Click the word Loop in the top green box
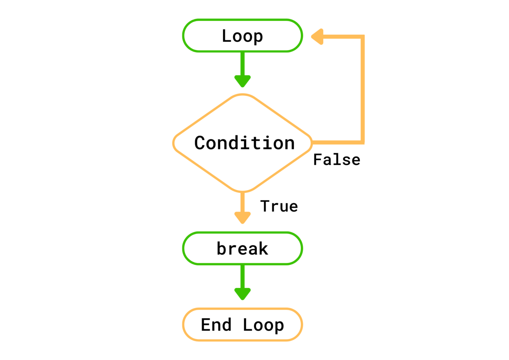click(x=242, y=36)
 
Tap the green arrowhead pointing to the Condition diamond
click(x=243, y=81)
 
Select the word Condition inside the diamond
click(x=244, y=143)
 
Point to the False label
click(x=337, y=160)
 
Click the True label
click(x=279, y=206)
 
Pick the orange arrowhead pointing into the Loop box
click(x=317, y=37)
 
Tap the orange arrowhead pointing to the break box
click(x=243, y=218)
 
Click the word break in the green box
click(x=242, y=248)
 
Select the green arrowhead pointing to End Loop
click(x=243, y=294)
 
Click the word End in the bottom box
click(x=216, y=325)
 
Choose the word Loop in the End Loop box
click(x=263, y=325)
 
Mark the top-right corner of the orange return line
click(x=362, y=37)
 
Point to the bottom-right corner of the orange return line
click(x=362, y=142)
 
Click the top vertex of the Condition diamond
click(x=243, y=95)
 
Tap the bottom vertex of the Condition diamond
click(x=243, y=191)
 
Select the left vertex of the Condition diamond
click(x=174, y=143)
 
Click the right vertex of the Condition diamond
click(x=312, y=143)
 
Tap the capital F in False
click(x=317, y=160)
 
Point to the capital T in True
click(x=265, y=206)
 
